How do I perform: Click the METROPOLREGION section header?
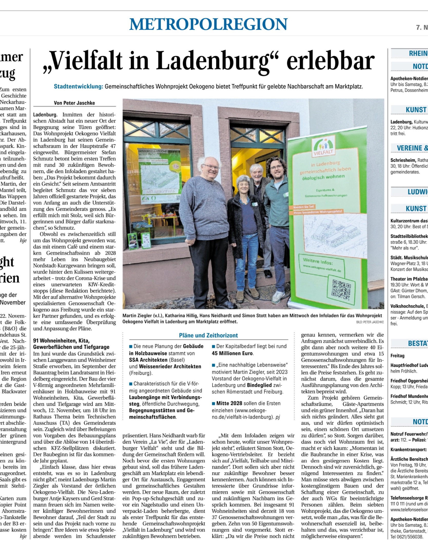point(208,24)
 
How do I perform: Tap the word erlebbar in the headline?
point(330,61)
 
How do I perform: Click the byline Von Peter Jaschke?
point(74,103)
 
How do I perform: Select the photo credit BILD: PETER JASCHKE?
point(370,322)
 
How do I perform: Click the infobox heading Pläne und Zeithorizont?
point(208,335)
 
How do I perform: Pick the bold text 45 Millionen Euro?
point(232,353)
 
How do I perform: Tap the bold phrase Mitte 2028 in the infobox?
point(229,403)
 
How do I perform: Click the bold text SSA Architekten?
point(148,360)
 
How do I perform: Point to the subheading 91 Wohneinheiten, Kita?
point(61,341)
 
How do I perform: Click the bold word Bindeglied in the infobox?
point(259,385)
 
